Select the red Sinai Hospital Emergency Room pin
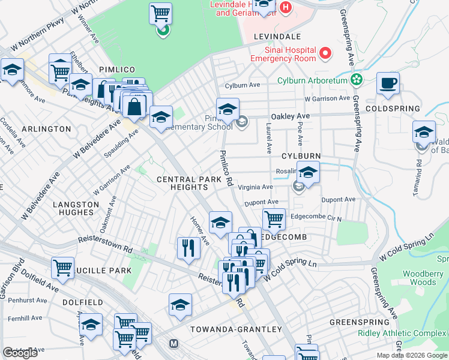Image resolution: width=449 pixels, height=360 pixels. [325, 53]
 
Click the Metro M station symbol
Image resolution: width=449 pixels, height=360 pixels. [174, 344]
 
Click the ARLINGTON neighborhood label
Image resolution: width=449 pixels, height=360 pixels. [46, 129]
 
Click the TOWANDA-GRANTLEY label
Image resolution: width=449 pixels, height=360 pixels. [236, 329]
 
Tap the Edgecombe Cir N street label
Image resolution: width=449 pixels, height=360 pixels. [316, 218]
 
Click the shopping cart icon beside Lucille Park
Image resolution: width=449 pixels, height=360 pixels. [62, 268]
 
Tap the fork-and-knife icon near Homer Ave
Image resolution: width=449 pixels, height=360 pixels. [188, 248]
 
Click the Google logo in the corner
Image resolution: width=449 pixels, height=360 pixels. [20, 353]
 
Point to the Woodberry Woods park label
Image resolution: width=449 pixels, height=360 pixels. [418, 278]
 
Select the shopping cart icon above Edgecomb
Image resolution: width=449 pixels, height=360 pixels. [274, 219]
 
